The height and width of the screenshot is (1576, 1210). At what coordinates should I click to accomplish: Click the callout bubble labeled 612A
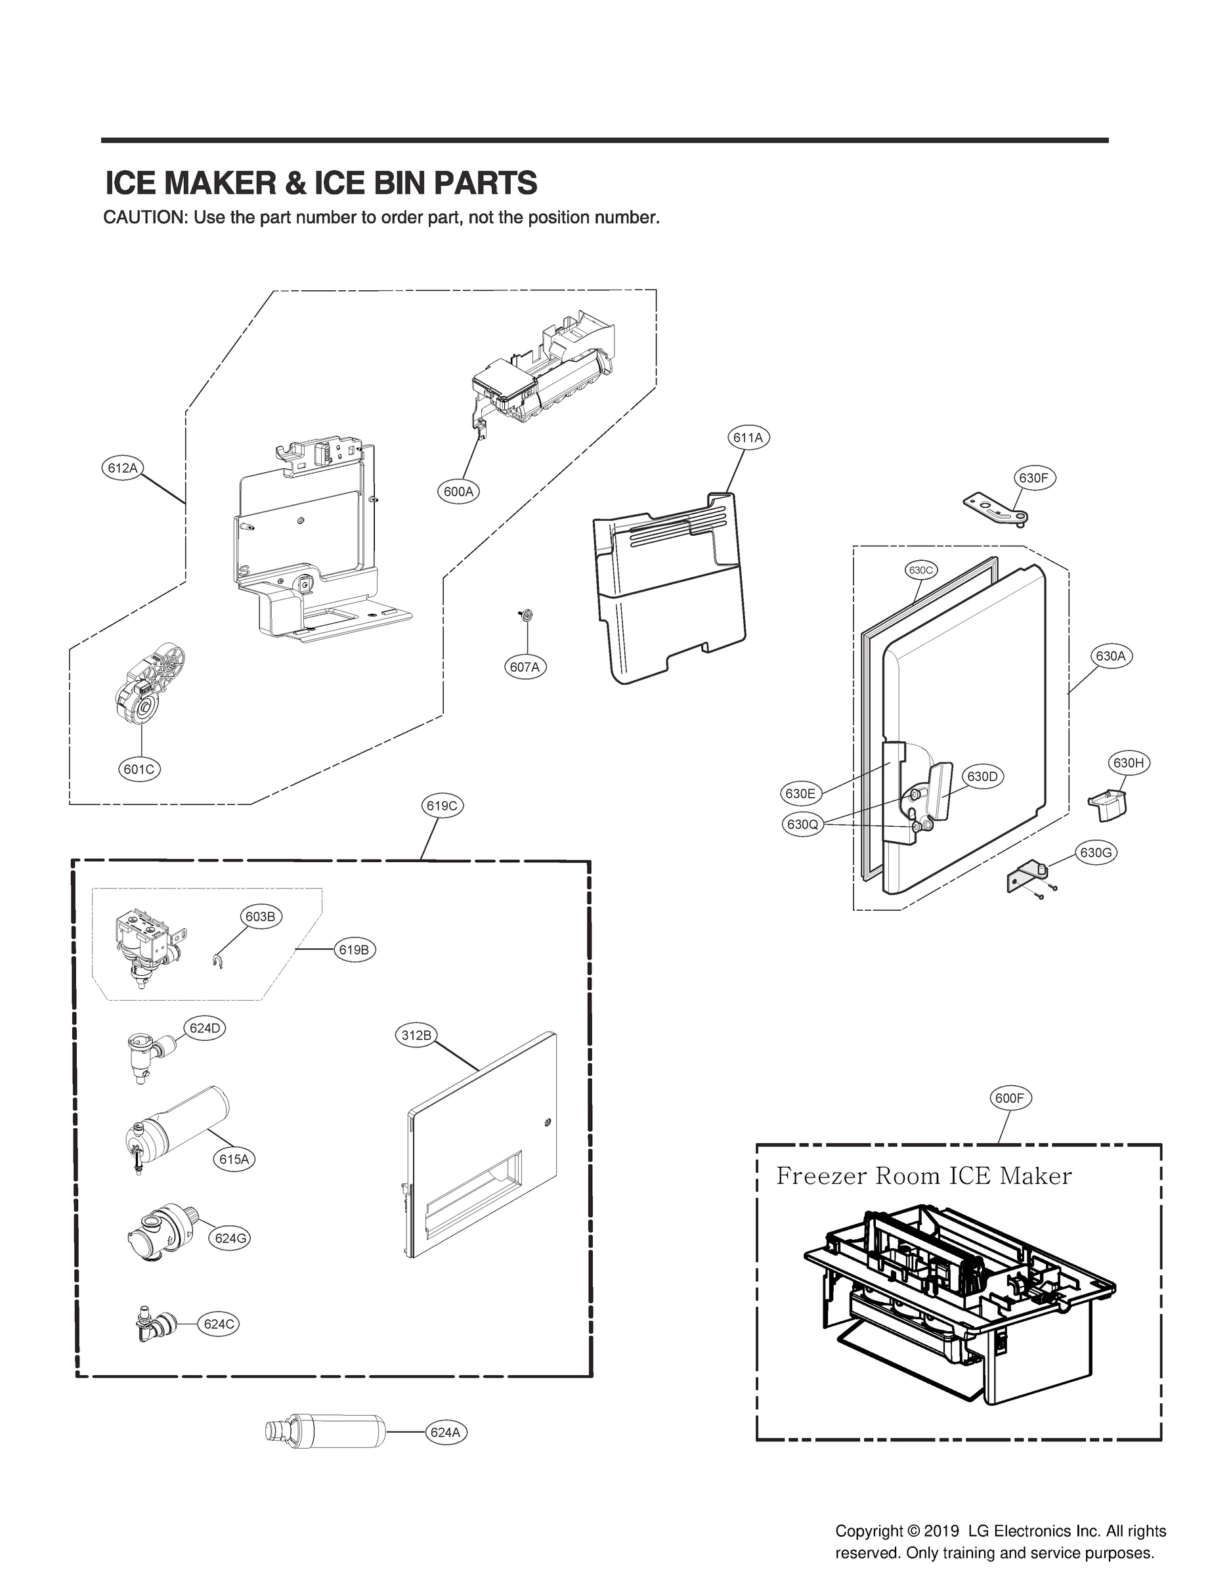121,468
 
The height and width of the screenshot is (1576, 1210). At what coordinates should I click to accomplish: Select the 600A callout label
458,492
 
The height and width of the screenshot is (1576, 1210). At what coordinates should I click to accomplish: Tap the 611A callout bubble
748,437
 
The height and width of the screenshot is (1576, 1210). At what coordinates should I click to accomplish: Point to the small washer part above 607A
526,615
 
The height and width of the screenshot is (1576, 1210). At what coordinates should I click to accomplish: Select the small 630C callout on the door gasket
920,570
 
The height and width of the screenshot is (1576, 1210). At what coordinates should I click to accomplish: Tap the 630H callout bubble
1128,763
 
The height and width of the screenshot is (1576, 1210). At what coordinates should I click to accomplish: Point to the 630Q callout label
802,825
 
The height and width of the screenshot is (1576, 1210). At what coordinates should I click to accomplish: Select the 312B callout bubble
416,1036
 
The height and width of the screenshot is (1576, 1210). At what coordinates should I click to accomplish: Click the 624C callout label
219,1324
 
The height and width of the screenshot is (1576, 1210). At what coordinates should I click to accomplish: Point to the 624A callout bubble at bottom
445,1432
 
